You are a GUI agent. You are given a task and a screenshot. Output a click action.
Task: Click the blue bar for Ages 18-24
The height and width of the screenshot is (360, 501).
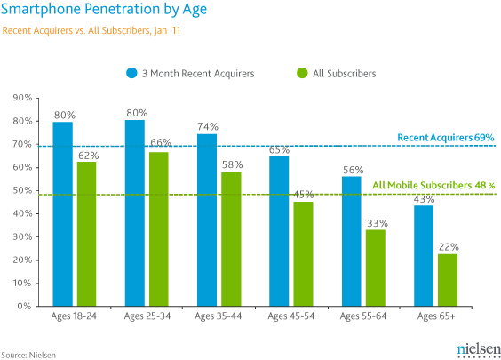(63, 240)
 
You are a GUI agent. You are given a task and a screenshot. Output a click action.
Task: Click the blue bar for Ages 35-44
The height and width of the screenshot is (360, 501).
(207, 245)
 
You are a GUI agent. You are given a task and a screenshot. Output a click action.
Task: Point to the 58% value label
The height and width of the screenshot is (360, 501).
(232, 165)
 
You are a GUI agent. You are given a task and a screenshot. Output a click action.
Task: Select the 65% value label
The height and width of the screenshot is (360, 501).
(280, 150)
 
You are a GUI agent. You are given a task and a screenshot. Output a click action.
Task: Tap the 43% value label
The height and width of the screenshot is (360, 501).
(424, 199)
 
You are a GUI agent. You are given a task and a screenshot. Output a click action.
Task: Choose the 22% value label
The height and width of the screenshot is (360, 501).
(448, 246)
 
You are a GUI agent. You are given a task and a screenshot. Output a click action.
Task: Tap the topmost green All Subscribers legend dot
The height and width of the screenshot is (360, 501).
(303, 74)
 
